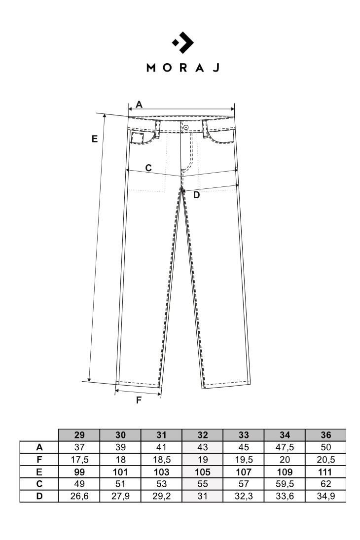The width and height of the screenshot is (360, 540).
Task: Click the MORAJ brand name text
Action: click(183, 68)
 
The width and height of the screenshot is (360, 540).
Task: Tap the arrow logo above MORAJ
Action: click(182, 42)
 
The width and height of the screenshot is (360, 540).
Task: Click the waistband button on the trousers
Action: click(186, 127)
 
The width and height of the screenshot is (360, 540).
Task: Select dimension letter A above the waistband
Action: click(139, 105)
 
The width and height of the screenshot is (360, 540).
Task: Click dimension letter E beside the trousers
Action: click(95, 139)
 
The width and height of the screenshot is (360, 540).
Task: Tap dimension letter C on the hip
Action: click(148, 168)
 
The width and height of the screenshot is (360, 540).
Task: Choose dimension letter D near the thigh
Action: click(196, 195)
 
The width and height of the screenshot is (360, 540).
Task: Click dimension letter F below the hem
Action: click(139, 400)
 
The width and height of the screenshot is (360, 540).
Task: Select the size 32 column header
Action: click(203, 435)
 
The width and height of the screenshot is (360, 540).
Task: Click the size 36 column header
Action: click(325, 435)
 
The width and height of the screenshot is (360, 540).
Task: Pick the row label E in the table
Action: click(39, 472)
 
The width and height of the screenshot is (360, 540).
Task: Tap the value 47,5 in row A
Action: click(285, 447)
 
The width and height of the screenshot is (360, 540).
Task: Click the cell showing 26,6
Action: click(79, 496)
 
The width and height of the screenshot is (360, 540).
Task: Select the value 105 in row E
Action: click(203, 472)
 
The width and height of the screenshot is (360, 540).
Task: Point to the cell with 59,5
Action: click(285, 484)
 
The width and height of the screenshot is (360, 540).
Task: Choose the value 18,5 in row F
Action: click(162, 460)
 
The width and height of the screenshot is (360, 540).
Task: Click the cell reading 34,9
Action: click(325, 496)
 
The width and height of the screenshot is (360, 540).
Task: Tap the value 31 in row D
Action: click(203, 496)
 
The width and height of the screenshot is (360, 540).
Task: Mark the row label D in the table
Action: click(39, 496)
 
